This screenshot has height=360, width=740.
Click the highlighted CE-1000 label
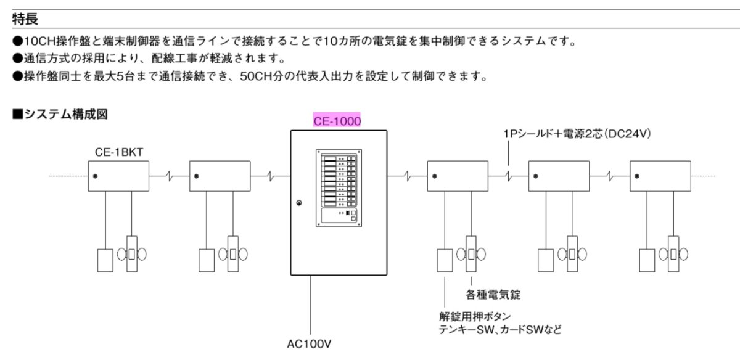tap(337, 121)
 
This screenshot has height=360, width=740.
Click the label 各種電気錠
tap(489, 294)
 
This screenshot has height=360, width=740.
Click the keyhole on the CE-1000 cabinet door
tap(298, 203)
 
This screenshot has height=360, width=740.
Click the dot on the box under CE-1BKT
tap(96, 176)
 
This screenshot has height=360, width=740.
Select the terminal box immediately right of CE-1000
tap(458, 176)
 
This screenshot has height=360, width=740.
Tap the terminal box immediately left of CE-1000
tap(220, 176)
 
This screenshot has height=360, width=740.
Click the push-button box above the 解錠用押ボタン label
tap(445, 260)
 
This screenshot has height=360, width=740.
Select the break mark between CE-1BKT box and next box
tap(169, 176)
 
